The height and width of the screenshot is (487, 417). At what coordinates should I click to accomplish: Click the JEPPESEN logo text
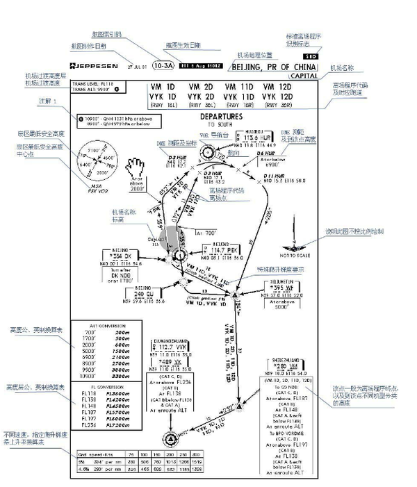pos(95,67)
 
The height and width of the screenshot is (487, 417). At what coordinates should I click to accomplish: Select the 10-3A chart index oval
pos(163,66)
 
